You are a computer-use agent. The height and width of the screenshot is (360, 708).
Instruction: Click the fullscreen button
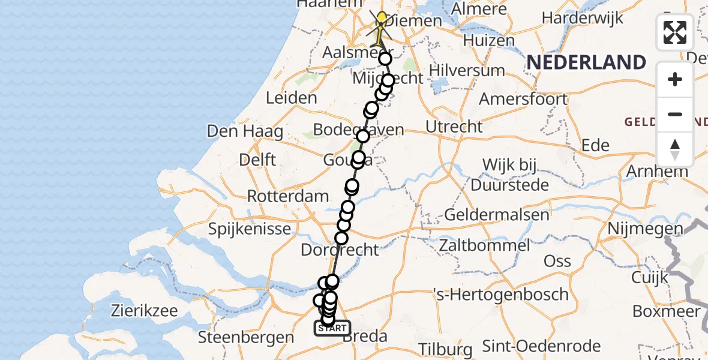(x=675, y=32)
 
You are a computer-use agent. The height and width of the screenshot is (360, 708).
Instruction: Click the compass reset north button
(x=675, y=149)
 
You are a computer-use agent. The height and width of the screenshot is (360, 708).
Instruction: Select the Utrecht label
(x=454, y=127)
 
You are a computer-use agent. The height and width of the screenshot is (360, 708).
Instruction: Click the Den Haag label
(x=245, y=131)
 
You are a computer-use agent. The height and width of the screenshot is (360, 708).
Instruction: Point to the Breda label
(x=365, y=336)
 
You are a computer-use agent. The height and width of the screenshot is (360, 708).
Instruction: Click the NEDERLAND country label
(x=586, y=62)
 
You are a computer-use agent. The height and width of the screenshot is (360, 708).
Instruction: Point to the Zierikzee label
(x=144, y=311)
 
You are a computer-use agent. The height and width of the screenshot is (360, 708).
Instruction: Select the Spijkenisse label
(x=250, y=229)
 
